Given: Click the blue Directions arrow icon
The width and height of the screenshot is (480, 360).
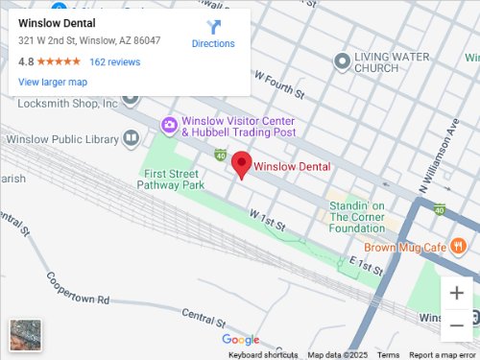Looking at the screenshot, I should pyautogui.click(x=213, y=28).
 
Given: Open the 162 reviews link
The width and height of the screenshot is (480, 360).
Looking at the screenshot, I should pyautogui.click(x=114, y=61).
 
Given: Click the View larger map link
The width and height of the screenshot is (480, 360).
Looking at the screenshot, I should pyautogui.click(x=53, y=83).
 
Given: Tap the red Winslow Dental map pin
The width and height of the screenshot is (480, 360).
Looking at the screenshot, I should pyautogui.click(x=243, y=165).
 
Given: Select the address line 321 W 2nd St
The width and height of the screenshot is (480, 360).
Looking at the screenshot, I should pyautogui.click(x=89, y=41).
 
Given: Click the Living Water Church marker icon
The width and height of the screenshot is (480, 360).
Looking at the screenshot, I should pyautogui.click(x=341, y=62).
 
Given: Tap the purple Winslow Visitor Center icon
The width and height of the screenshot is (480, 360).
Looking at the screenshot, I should pyautogui.click(x=169, y=124).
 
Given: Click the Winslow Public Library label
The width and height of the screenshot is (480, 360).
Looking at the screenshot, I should pyautogui.click(x=60, y=139).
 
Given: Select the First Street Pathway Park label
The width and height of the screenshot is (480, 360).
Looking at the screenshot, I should pyautogui.click(x=173, y=179).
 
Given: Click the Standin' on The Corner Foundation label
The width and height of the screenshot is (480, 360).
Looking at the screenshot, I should pyautogui.click(x=357, y=217).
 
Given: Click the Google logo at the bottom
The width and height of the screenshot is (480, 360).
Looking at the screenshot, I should pyautogui.click(x=240, y=340).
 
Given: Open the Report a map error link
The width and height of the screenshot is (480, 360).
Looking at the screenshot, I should pyautogui.click(x=444, y=355).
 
